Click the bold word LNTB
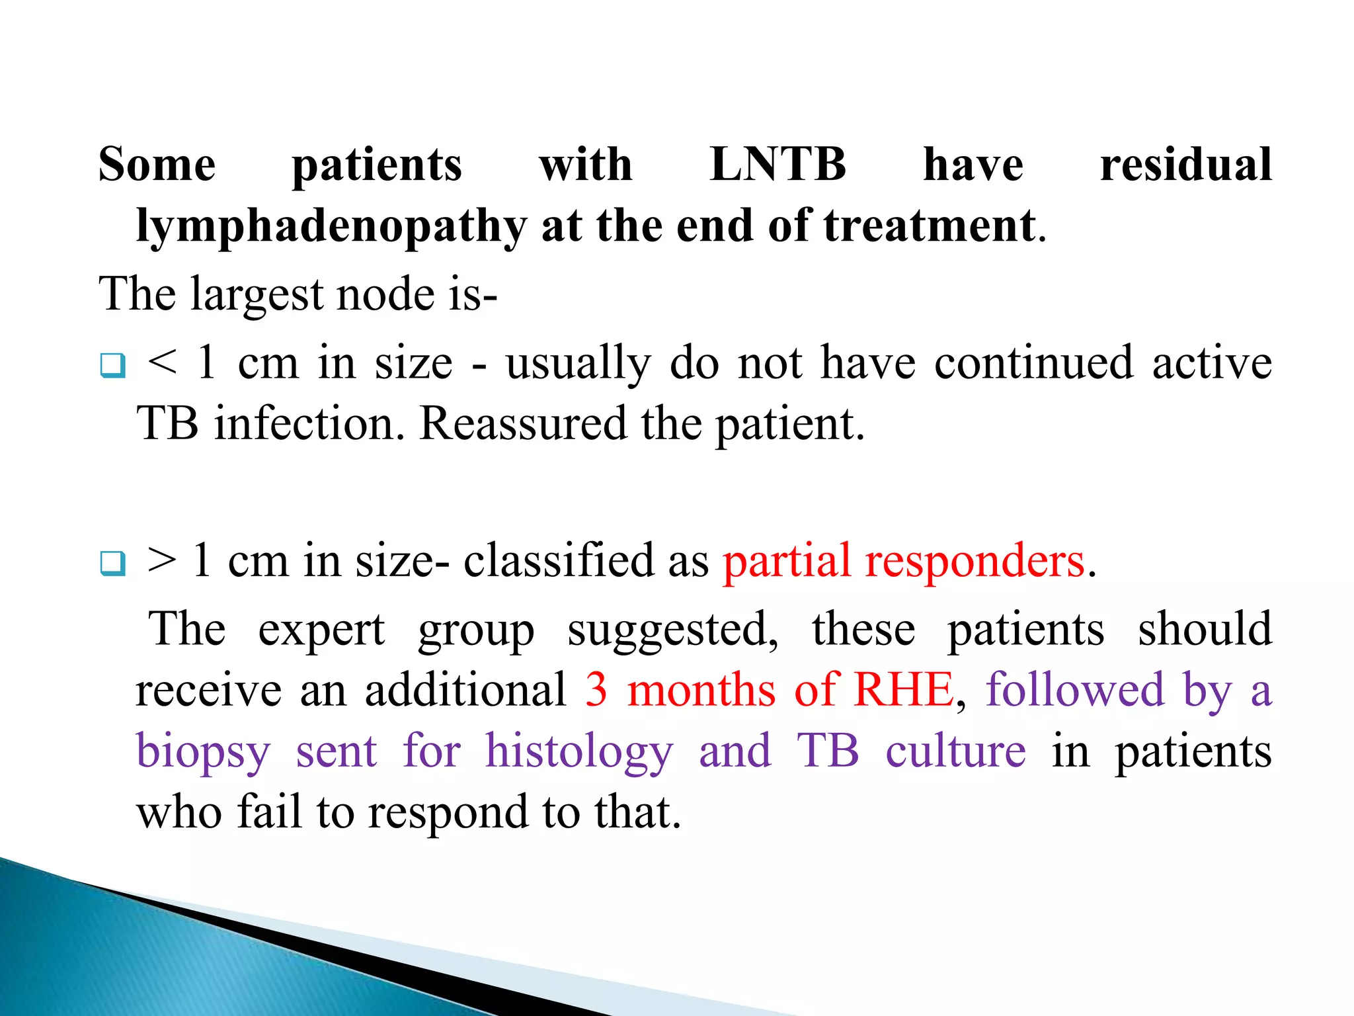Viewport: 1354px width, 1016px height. (777, 164)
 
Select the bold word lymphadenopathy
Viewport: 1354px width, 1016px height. (331, 227)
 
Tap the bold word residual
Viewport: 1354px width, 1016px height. (1185, 164)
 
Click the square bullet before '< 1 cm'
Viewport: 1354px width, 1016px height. (112, 365)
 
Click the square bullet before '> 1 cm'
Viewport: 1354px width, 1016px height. (112, 563)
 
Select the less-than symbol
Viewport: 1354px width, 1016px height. (163, 362)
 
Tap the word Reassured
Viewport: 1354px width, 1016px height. (523, 424)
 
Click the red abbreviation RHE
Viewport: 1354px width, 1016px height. (903, 690)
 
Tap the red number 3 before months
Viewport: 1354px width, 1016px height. (596, 690)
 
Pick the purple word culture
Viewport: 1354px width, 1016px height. (955, 752)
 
